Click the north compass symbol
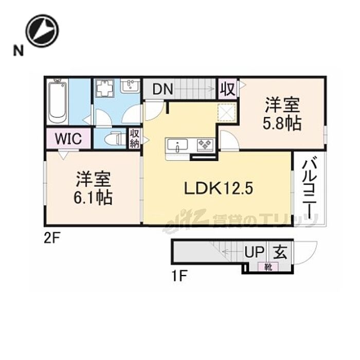[x=42, y=30]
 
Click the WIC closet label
[x=68, y=139]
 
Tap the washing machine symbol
[x=106, y=89]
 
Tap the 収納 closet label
[x=135, y=139]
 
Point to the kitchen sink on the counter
[x=177, y=145]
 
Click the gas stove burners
[x=204, y=145]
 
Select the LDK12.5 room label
[x=219, y=189]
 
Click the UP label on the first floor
[x=254, y=252]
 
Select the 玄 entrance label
[x=279, y=252]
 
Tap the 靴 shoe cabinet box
[x=268, y=266]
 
